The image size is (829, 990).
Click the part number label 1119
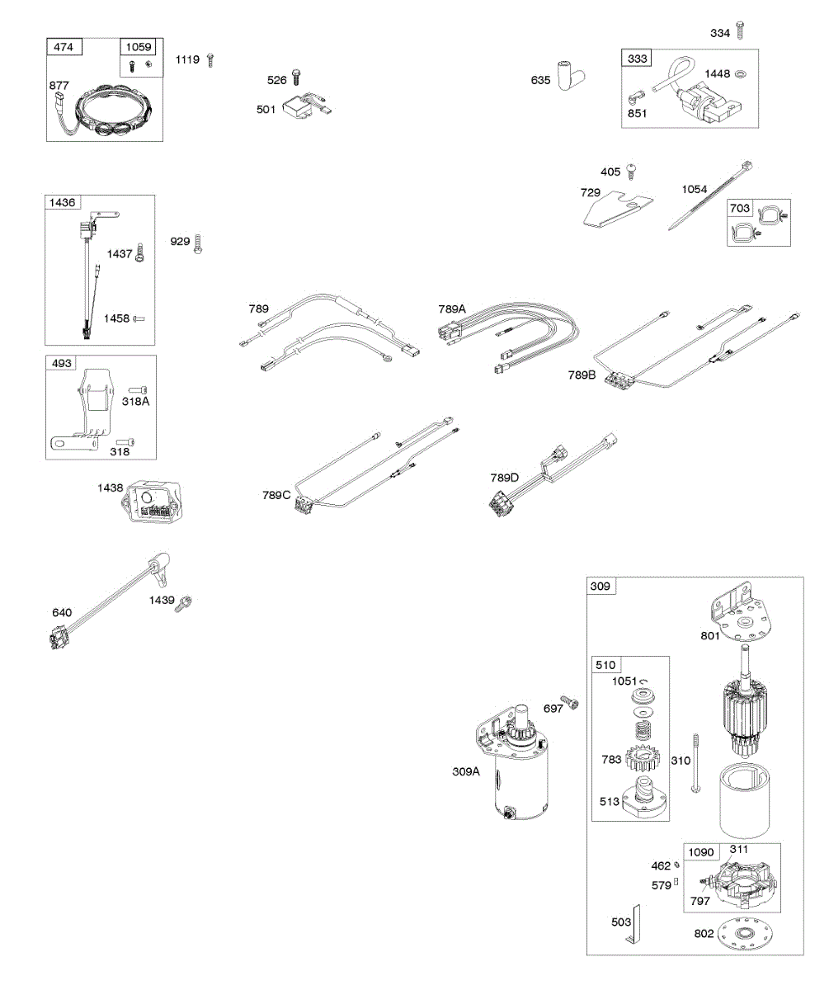click(x=187, y=59)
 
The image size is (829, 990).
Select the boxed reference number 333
click(x=638, y=59)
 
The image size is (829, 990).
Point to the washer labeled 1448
click(x=740, y=74)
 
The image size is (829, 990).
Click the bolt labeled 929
click(x=199, y=243)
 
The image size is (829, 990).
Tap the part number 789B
click(x=581, y=374)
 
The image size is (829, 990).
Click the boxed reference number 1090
click(x=700, y=852)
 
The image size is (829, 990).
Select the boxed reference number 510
click(x=607, y=665)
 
